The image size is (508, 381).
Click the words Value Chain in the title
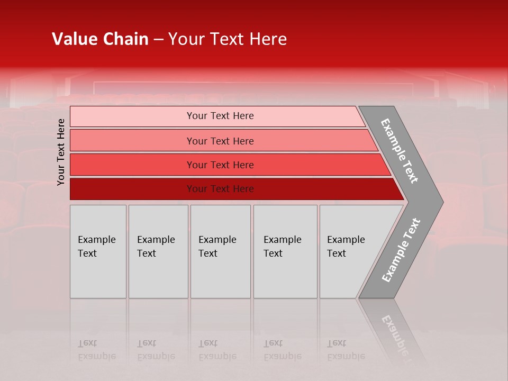(x=100, y=39)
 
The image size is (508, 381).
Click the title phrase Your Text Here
(x=228, y=39)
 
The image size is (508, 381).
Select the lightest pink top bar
(x=132, y=116)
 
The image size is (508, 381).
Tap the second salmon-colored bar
(x=132, y=141)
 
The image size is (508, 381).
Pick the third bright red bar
(x=132, y=165)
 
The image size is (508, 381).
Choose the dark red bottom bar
(x=132, y=189)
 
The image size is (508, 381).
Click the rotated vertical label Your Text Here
(x=61, y=152)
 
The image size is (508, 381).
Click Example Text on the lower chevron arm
(x=401, y=250)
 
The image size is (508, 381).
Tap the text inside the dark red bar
(x=220, y=189)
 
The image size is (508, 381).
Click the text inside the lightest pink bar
(x=220, y=116)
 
